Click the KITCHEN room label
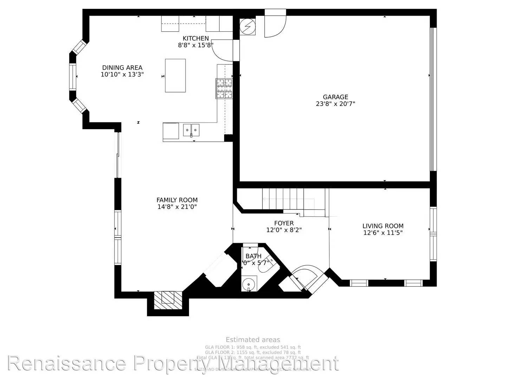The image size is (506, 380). (x=196, y=38)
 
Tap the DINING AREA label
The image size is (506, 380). (x=122, y=68)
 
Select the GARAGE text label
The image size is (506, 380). (x=336, y=97)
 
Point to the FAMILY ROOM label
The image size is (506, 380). (x=177, y=200)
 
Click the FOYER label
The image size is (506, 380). (x=284, y=223)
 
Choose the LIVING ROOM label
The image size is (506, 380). (x=383, y=226)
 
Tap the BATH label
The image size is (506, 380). (x=253, y=256)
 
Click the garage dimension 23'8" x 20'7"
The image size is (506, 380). (x=336, y=104)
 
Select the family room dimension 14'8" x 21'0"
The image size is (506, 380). (x=177, y=207)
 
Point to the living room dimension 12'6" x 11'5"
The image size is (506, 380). (x=383, y=233)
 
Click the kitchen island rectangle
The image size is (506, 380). (x=175, y=75)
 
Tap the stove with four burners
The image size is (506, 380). (x=224, y=88)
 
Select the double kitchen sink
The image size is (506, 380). (x=191, y=129)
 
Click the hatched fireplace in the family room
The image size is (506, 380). (x=168, y=300)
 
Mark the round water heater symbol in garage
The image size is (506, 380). (x=247, y=26)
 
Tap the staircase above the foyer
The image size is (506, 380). (x=288, y=199)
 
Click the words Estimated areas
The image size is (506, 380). (x=253, y=340)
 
